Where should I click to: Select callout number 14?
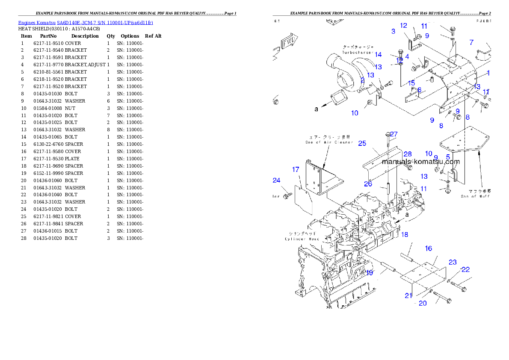[x=378, y=54]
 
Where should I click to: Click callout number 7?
[x=471, y=42]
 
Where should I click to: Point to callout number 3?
[x=393, y=31]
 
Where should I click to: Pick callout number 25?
[x=362, y=143]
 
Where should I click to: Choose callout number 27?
[x=394, y=134]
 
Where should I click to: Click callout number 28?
[x=408, y=154]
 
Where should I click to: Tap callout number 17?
[x=296, y=170]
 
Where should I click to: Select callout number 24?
[x=277, y=180]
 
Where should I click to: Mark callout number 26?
[x=368, y=184]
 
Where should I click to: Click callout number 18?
[x=404, y=234]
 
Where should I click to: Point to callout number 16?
[x=428, y=248]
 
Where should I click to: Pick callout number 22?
[x=465, y=269]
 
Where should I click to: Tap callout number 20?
[x=423, y=303]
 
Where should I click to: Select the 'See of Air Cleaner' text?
[x=329, y=142]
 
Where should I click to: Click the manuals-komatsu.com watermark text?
[x=421, y=162]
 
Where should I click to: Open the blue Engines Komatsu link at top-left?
[x=86, y=22]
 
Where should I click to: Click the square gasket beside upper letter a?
[x=341, y=97]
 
